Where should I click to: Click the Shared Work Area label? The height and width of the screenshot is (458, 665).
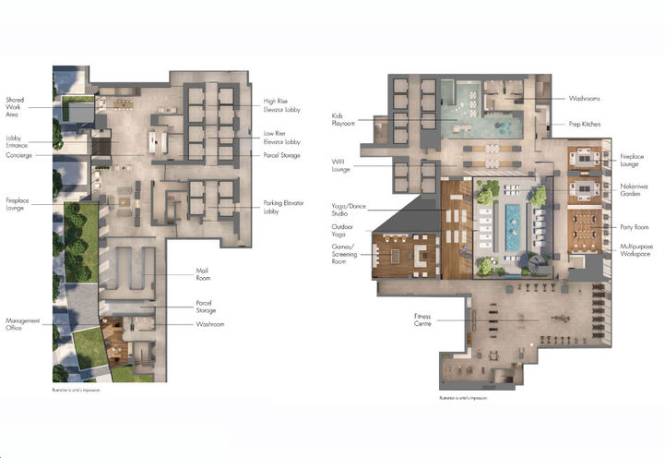tap(16, 108)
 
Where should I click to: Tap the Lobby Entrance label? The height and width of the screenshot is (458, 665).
tap(18, 141)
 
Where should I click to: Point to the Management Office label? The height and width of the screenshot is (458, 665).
tap(23, 325)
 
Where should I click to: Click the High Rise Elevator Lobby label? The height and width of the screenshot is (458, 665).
tap(281, 106)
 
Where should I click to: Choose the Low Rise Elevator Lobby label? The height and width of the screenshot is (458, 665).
tap(281, 138)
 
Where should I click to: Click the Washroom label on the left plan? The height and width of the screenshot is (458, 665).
tap(209, 325)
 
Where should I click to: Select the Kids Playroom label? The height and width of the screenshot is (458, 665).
tap(343, 120)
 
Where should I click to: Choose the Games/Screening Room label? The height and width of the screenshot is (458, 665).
tap(347, 252)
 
